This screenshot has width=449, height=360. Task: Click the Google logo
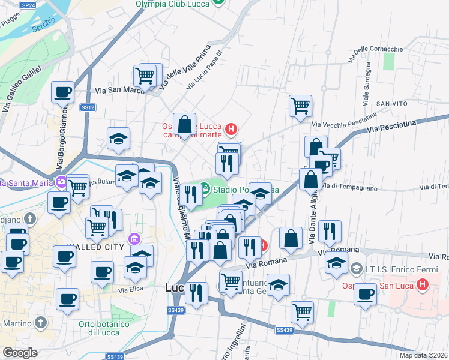pyautogui.click(x=20, y=353)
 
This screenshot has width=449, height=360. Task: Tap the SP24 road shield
pyautogui.click(x=28, y=5)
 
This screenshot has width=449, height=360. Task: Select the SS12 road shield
pyautogui.click(x=88, y=107)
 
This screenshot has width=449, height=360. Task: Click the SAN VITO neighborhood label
pyautogui.click(x=391, y=104)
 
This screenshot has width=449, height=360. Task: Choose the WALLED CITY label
pyautogui.click(x=96, y=247)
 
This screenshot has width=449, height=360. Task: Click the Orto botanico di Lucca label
pyautogui.click(x=104, y=328)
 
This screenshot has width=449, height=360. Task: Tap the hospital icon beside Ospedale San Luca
pyautogui.click(x=423, y=284)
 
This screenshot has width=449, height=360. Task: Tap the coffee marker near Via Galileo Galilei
pyautogui.click(x=62, y=93)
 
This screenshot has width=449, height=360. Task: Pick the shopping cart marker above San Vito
pyautogui.click(x=300, y=106)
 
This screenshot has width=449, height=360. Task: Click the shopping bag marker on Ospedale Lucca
pyautogui.click(x=184, y=124)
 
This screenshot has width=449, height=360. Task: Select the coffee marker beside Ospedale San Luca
pyautogui.click(x=365, y=295)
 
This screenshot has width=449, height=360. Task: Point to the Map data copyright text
pyautogui.click(x=423, y=355)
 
